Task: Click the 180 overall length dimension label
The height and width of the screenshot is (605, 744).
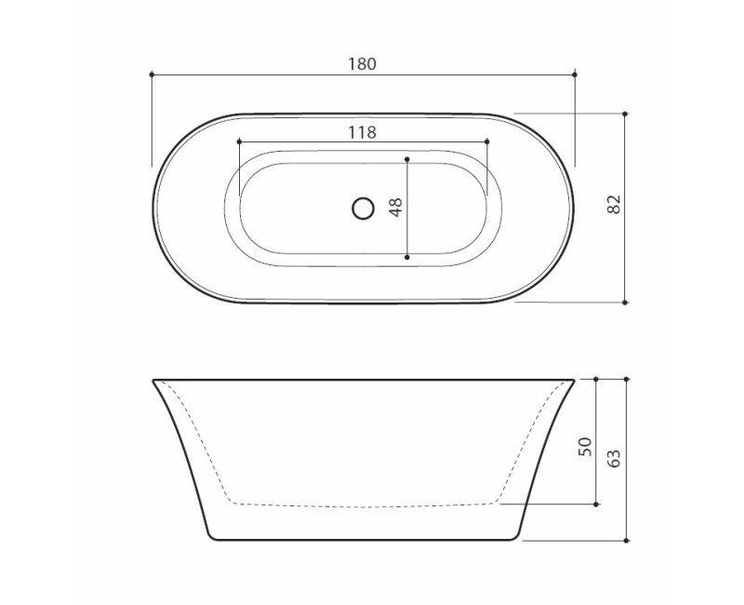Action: [x=363, y=64]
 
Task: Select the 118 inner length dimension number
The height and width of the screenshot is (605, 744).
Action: [x=363, y=132]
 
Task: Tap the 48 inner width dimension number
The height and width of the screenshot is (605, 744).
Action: [x=396, y=207]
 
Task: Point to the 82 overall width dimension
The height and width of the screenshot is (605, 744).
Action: [x=614, y=204]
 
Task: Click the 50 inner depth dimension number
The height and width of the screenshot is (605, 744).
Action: [x=586, y=447]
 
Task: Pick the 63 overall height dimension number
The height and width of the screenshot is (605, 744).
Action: [x=614, y=458]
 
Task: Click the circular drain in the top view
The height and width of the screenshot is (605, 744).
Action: [x=363, y=208]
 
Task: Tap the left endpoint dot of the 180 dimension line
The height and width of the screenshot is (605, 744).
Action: [x=152, y=74]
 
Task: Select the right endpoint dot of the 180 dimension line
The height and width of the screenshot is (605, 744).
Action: [x=575, y=74]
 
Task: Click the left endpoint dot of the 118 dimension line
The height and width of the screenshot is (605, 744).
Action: [x=239, y=141]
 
